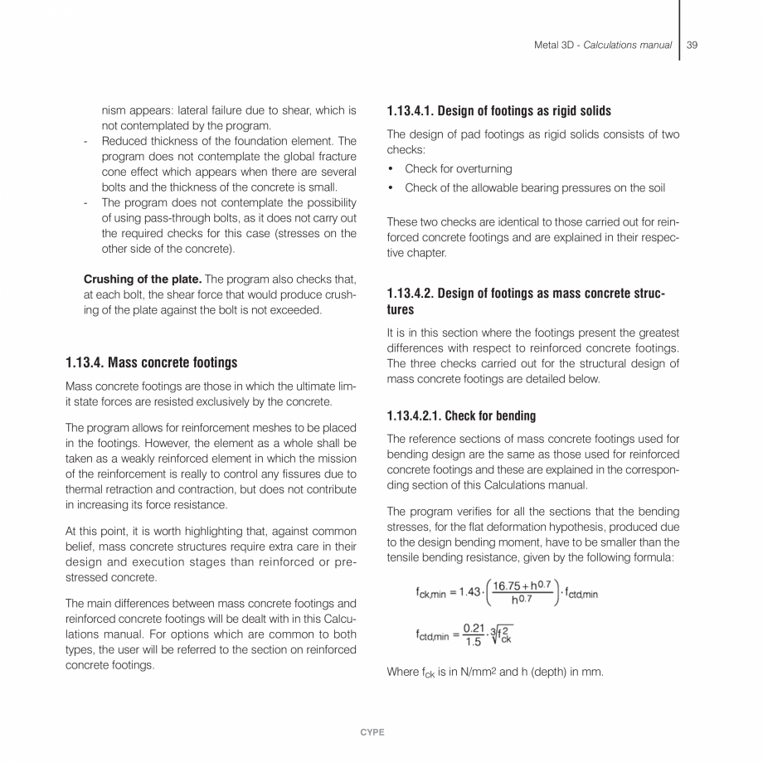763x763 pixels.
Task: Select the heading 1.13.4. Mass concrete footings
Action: pyautogui.click(x=151, y=362)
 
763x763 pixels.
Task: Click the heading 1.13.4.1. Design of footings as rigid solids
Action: pyautogui.click(x=499, y=111)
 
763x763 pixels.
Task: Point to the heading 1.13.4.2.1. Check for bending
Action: pyautogui.click(x=461, y=416)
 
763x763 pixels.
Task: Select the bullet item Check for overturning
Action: pyautogui.click(x=458, y=169)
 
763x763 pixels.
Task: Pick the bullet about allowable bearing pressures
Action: pyautogui.click(x=534, y=187)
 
